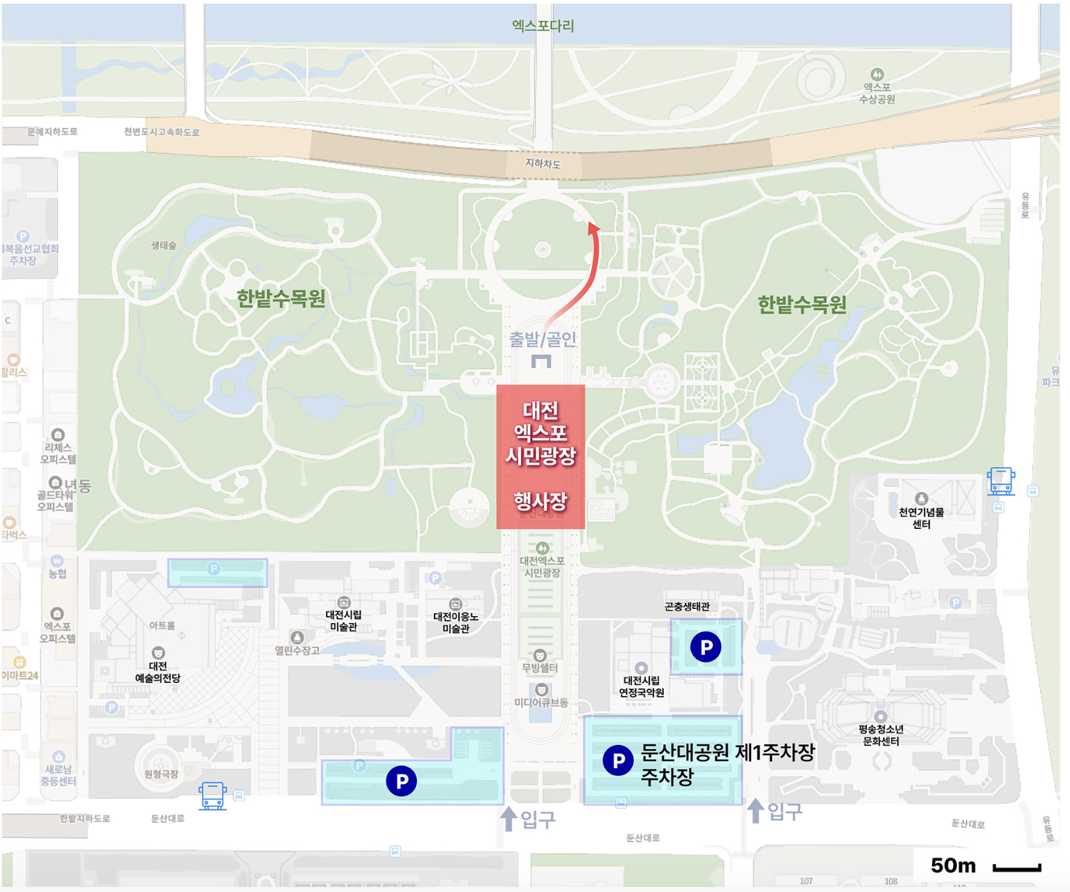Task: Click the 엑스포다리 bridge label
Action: tap(543, 26)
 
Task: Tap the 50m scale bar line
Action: tap(1016, 868)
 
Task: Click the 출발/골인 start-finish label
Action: tap(543, 339)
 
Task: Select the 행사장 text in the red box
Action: tap(541, 501)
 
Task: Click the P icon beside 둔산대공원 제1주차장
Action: tap(618, 760)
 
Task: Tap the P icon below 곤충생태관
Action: tap(706, 647)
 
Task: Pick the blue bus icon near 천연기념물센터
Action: tap(1000, 482)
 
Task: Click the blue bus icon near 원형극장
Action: tap(212, 795)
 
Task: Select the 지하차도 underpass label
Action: tap(543, 164)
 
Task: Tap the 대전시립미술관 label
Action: tap(343, 620)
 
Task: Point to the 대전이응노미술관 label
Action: tap(456, 622)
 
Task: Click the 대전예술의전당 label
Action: tap(158, 672)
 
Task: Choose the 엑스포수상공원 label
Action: tap(877, 93)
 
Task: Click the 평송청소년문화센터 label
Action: tap(881, 735)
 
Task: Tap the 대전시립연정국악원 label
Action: tap(642, 686)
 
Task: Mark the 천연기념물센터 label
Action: tap(921, 518)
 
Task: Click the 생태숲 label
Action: tap(164, 245)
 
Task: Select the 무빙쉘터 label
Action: tap(540, 668)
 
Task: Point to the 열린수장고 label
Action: tap(297, 650)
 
